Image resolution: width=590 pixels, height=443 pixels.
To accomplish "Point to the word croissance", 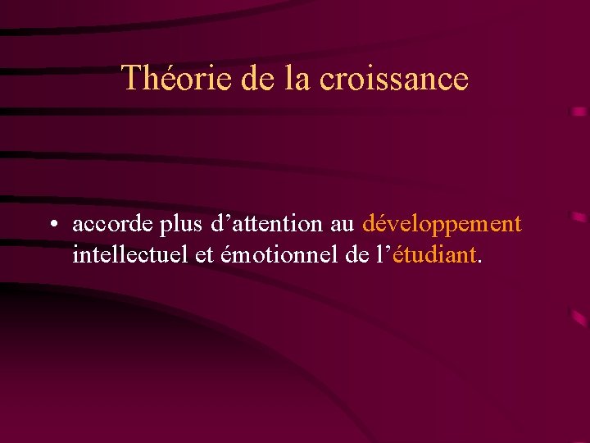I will point(393,79).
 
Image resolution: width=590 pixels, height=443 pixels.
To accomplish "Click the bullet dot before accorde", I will point(52,225).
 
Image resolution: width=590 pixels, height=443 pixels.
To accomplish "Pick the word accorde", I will point(111,223).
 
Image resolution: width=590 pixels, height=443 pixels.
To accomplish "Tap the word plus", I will point(179,225).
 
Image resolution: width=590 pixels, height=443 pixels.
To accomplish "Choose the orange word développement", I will point(442,225).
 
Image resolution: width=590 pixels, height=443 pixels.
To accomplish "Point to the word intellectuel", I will point(131,255).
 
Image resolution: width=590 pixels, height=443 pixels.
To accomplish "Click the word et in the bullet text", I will point(204,255).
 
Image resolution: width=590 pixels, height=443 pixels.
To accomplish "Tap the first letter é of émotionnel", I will point(226,256).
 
